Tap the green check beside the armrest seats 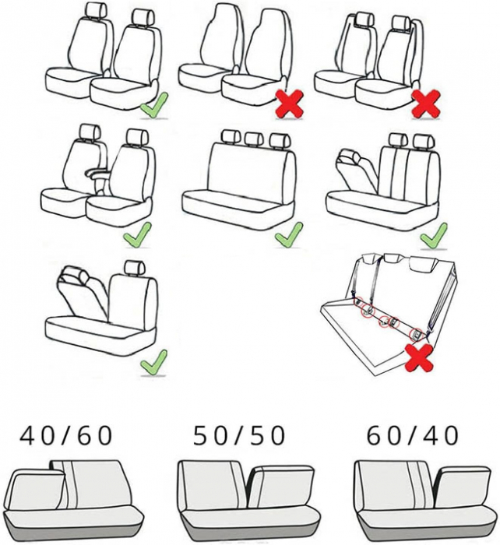point(137,234)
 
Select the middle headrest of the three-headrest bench point(253,139)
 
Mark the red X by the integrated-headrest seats point(289,104)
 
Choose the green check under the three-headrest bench point(287,234)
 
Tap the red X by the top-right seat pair point(425,104)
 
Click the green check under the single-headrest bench point(153,361)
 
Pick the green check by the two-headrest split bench point(433,234)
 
